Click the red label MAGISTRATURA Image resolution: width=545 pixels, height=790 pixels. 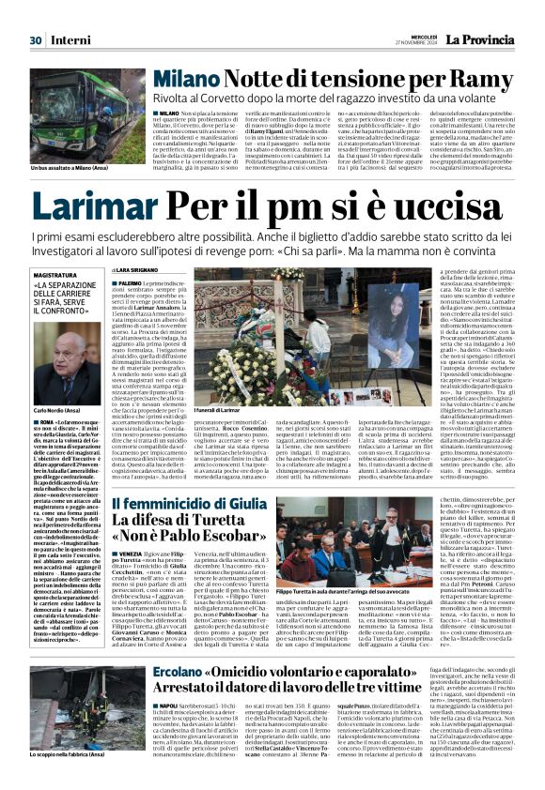click(57, 276)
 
